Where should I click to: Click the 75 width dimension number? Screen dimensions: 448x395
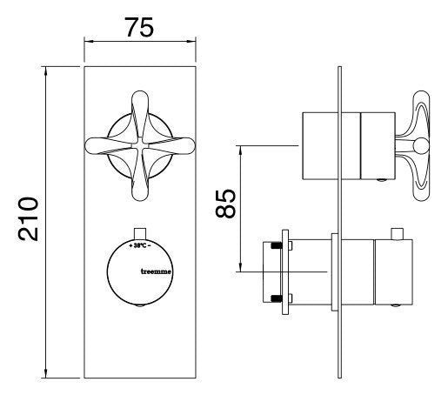coord(139,27)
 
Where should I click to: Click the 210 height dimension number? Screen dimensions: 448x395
coord(28,219)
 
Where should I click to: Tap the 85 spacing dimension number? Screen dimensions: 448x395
coord(225,204)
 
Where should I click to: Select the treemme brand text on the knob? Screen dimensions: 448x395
coord(156,271)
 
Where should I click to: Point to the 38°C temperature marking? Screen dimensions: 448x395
coord(140,245)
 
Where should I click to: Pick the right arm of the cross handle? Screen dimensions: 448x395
coord(171,146)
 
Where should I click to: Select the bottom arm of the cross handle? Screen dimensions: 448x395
coord(140,177)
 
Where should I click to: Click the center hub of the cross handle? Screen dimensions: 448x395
coord(140,145)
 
